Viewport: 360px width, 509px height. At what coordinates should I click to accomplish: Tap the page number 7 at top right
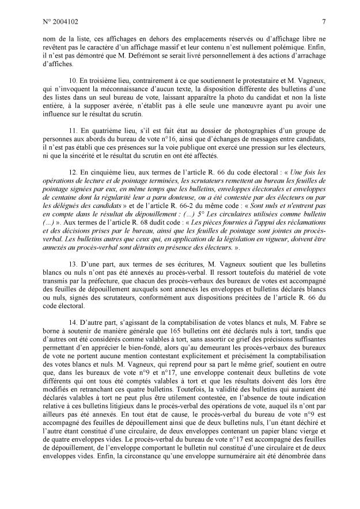click(x=324, y=22)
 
